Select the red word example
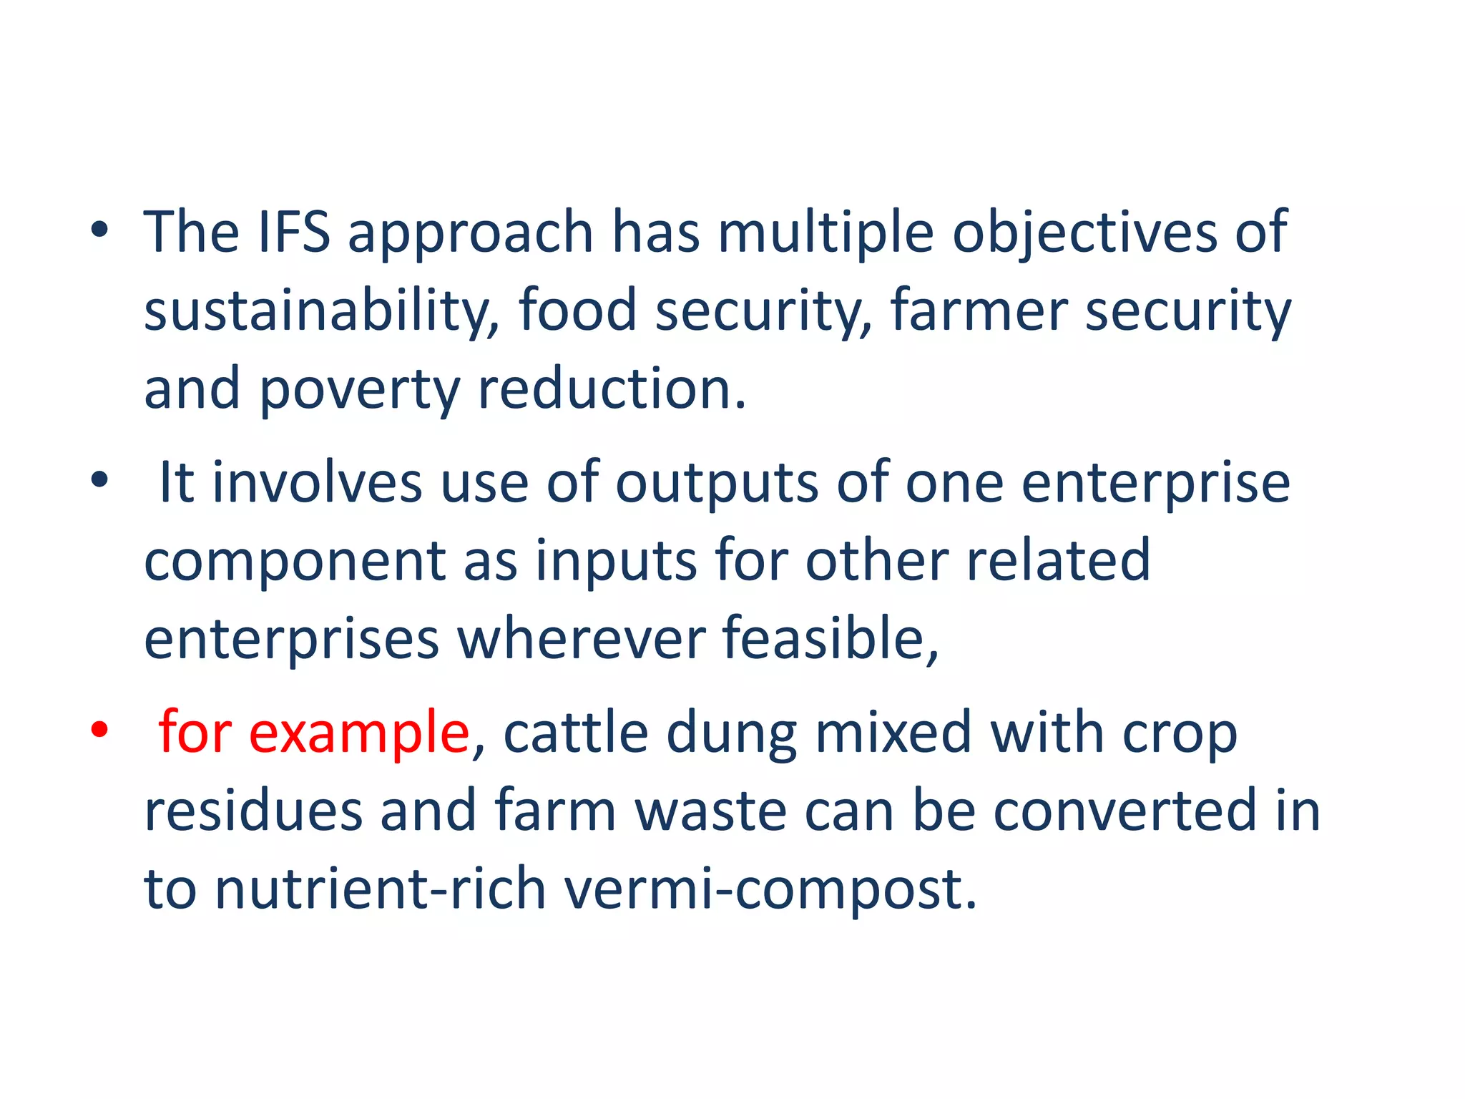pos(358,734)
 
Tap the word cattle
pos(575,733)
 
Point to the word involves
pos(318,483)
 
